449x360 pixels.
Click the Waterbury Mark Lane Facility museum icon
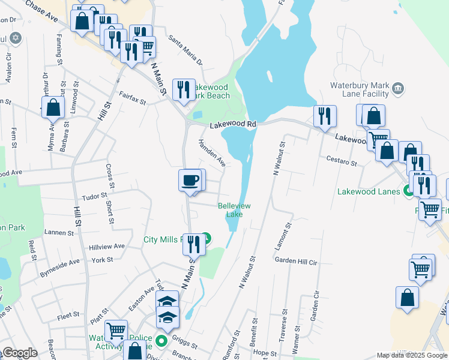pyautogui.click(x=397, y=89)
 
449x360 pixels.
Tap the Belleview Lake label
pyautogui.click(x=234, y=210)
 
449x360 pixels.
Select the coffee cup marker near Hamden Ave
pyautogui.click(x=190, y=180)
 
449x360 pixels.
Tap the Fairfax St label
pyautogui.click(x=133, y=98)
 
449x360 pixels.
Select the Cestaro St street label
pyautogui.click(x=342, y=161)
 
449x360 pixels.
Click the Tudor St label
pyautogui.click(x=95, y=195)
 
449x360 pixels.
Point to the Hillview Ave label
pyautogui.click(x=106, y=246)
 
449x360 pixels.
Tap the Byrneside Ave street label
pyautogui.click(x=59, y=262)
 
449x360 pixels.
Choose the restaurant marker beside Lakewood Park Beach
pyautogui.click(x=183, y=89)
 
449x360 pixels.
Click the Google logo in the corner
pyautogui.click(x=20, y=353)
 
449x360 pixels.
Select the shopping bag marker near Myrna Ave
pyautogui.click(x=54, y=108)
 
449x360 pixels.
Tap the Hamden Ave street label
pyautogui.click(x=212, y=153)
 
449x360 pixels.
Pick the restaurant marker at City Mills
pyautogui.click(x=193, y=244)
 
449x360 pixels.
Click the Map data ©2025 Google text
pyautogui.click(x=412, y=355)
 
